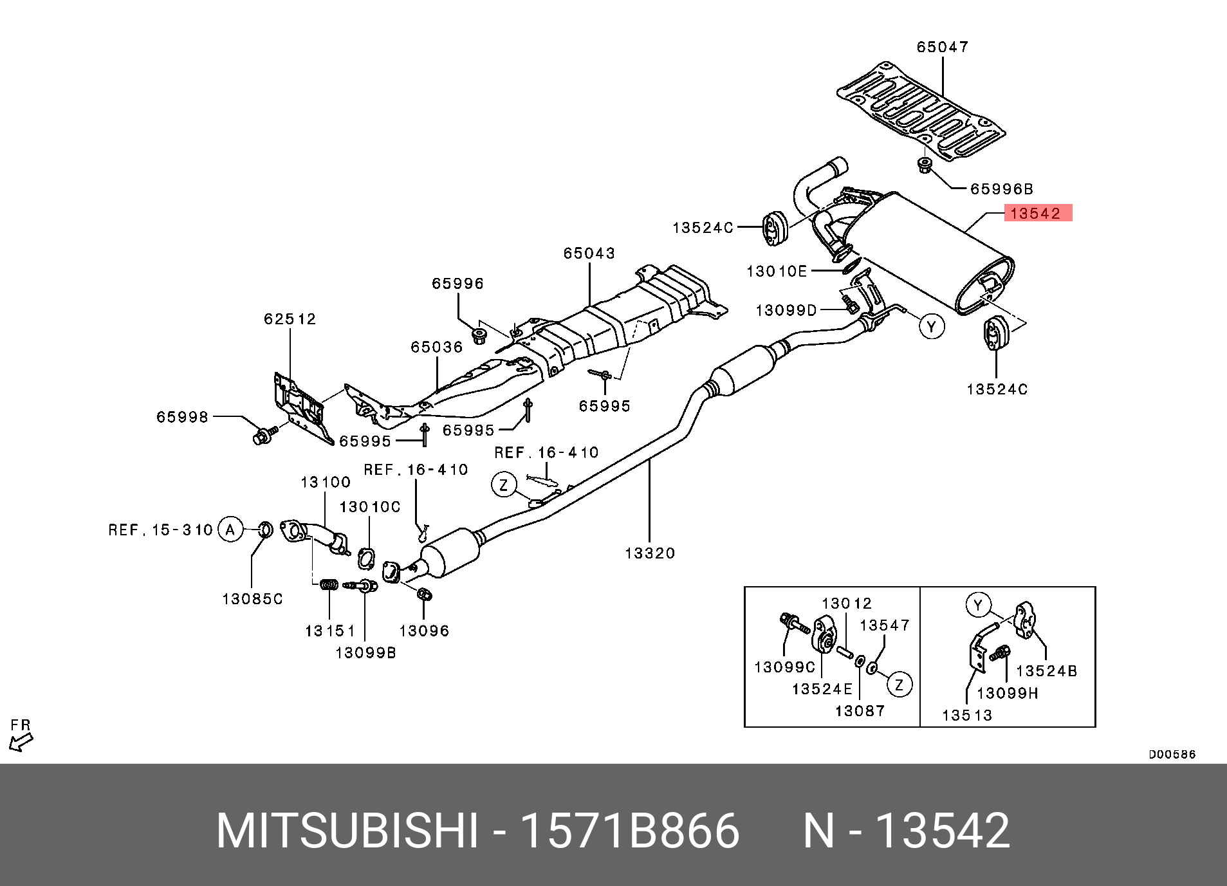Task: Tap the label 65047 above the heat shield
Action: [x=943, y=47]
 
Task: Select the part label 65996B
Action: [x=1001, y=189]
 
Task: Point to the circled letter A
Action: [x=230, y=530]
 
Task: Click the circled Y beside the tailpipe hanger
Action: [x=931, y=326]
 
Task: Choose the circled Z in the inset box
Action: [x=899, y=685]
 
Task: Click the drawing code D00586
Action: [x=1172, y=754]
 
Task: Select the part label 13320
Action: [x=650, y=553]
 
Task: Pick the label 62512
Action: [x=290, y=319]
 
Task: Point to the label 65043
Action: [x=589, y=254]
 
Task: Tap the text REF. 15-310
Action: [x=160, y=530]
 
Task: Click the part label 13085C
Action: [x=252, y=599]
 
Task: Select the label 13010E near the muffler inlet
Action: [x=777, y=272]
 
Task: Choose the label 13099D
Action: [x=786, y=311]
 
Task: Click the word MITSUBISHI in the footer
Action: [x=347, y=831]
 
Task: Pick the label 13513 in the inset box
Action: [x=967, y=715]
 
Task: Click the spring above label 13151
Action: [x=329, y=584]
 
